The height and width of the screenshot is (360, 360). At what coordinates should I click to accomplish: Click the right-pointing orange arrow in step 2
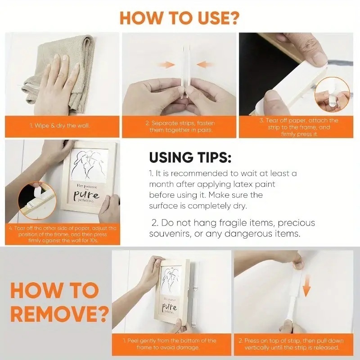click(167, 65)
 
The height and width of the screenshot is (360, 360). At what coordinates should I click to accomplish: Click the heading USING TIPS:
click(190, 158)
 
